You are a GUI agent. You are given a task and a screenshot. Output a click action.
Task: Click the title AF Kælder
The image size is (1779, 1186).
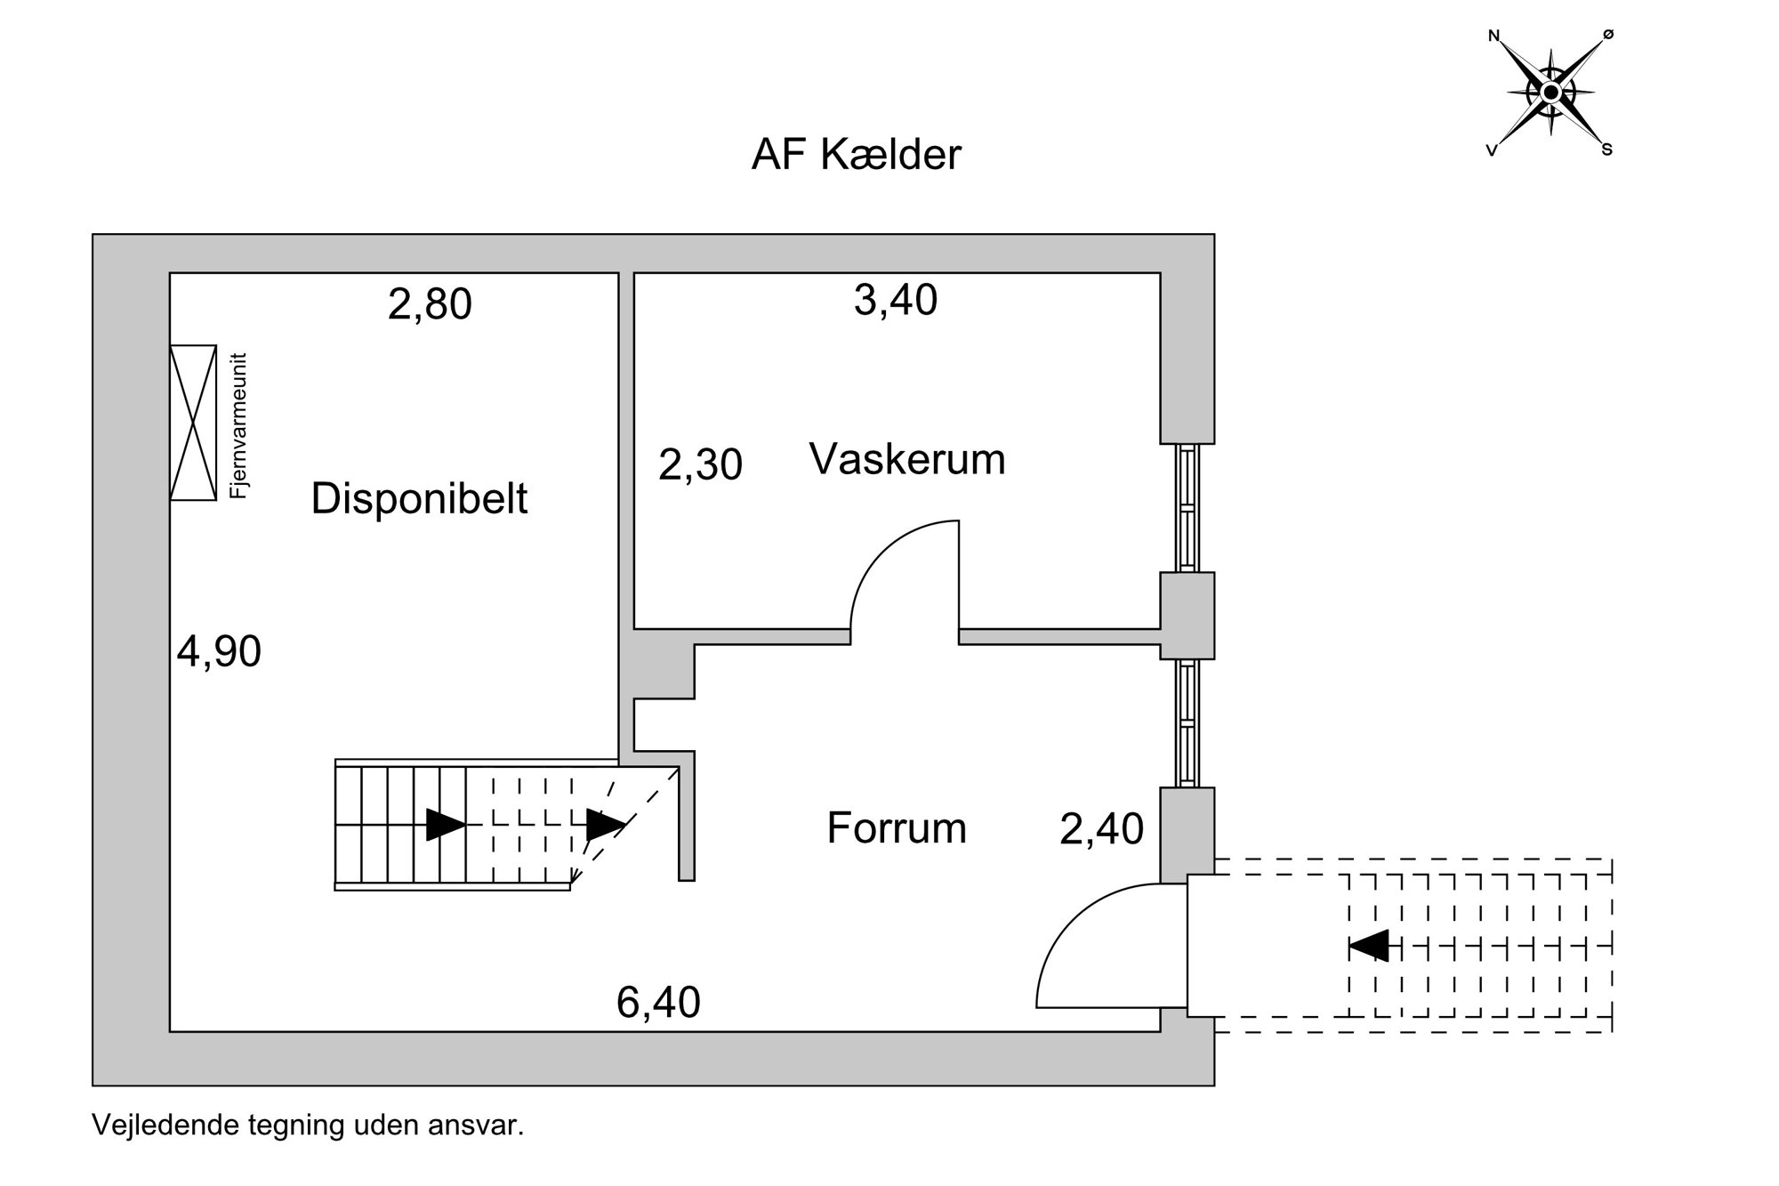(856, 155)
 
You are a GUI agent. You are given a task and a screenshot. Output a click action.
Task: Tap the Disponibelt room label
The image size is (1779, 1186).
(419, 499)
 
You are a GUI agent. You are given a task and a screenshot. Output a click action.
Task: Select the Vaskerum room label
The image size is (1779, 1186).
(907, 460)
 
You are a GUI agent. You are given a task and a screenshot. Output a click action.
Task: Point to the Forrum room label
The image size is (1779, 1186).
(897, 828)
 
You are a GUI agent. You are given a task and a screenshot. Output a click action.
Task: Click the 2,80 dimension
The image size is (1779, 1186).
(430, 304)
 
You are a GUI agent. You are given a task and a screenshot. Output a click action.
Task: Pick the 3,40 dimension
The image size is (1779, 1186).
(896, 300)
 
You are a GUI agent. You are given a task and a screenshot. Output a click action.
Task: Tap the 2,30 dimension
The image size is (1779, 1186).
(700, 465)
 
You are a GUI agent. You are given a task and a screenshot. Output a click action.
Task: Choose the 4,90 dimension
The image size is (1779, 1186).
(219, 652)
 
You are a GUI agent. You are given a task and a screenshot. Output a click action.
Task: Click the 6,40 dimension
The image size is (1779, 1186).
(658, 1003)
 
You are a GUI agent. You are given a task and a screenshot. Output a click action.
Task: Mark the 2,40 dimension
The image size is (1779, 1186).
(1101, 829)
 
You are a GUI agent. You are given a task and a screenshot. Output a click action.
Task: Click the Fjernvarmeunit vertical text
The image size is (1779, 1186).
(237, 425)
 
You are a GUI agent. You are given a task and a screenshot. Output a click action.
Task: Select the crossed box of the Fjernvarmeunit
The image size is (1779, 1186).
(193, 423)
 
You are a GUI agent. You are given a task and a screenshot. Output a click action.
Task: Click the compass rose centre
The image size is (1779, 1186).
(1551, 92)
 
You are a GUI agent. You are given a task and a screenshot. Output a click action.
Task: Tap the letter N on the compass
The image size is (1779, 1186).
(1493, 36)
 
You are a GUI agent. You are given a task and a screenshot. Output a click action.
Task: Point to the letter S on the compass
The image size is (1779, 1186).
(1607, 149)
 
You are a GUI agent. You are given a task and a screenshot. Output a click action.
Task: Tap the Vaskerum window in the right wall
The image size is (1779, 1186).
(1187, 507)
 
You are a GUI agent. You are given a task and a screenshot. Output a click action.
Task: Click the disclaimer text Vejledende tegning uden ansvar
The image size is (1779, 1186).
(308, 1125)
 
